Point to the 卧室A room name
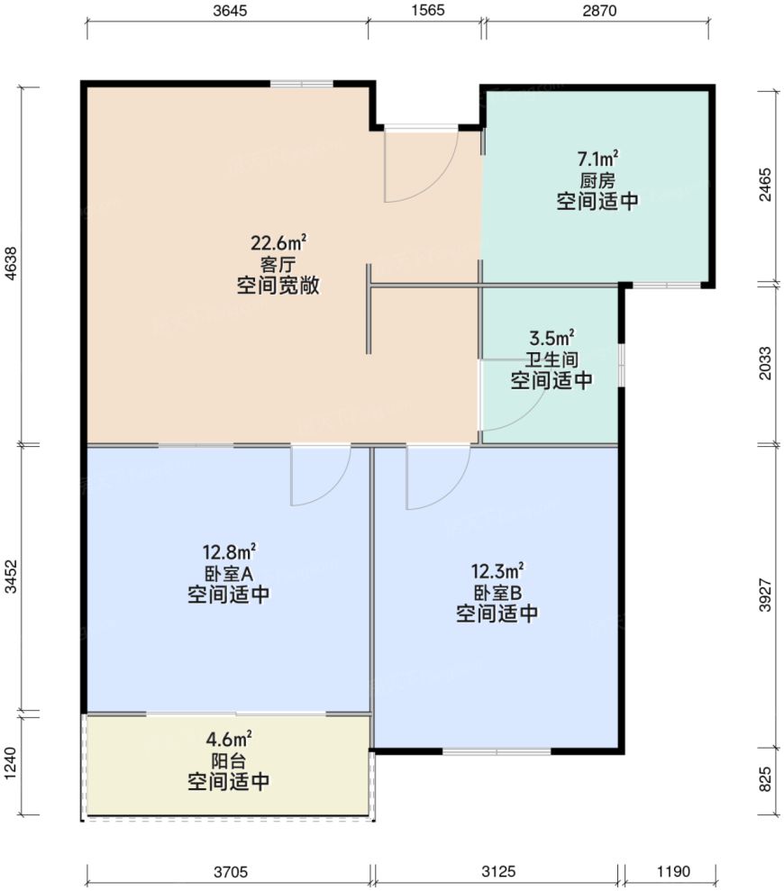[228, 573]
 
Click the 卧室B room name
[497, 593]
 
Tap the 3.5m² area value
[552, 339]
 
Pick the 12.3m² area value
[497, 571]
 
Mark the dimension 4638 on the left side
[11, 267]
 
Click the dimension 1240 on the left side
[11, 766]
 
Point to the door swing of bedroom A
[320, 477]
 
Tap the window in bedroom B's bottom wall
[497, 750]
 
